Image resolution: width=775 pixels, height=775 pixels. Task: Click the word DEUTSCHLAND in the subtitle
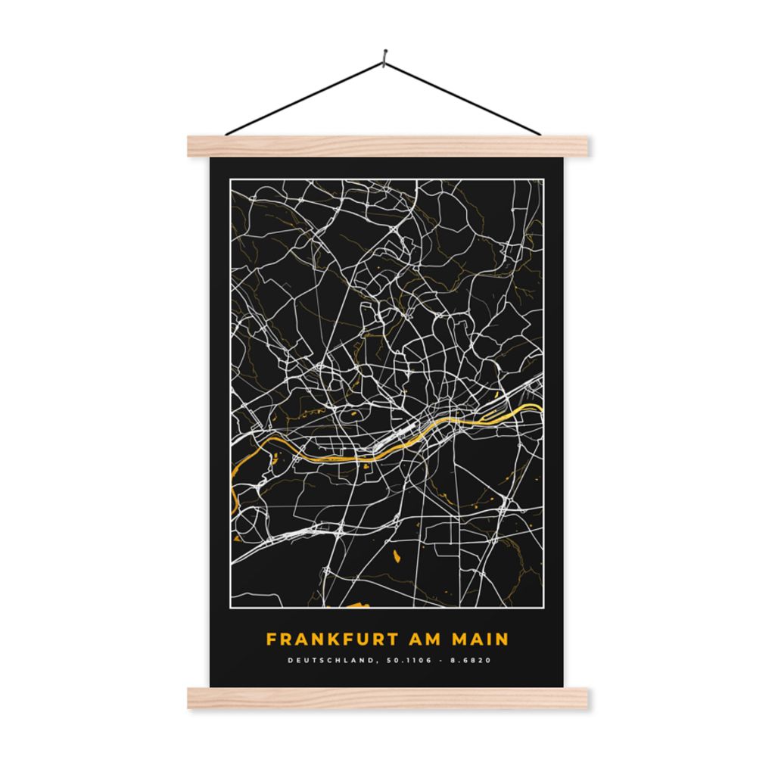pos(330,660)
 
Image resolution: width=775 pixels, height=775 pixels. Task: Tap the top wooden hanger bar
pos(387,146)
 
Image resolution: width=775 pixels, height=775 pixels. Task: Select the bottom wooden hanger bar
pos(387,699)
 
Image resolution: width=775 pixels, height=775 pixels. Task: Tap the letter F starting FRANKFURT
pos(270,640)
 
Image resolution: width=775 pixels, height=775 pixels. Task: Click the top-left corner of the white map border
pos(231,179)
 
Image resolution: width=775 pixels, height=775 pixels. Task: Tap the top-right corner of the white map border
pos(543,179)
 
